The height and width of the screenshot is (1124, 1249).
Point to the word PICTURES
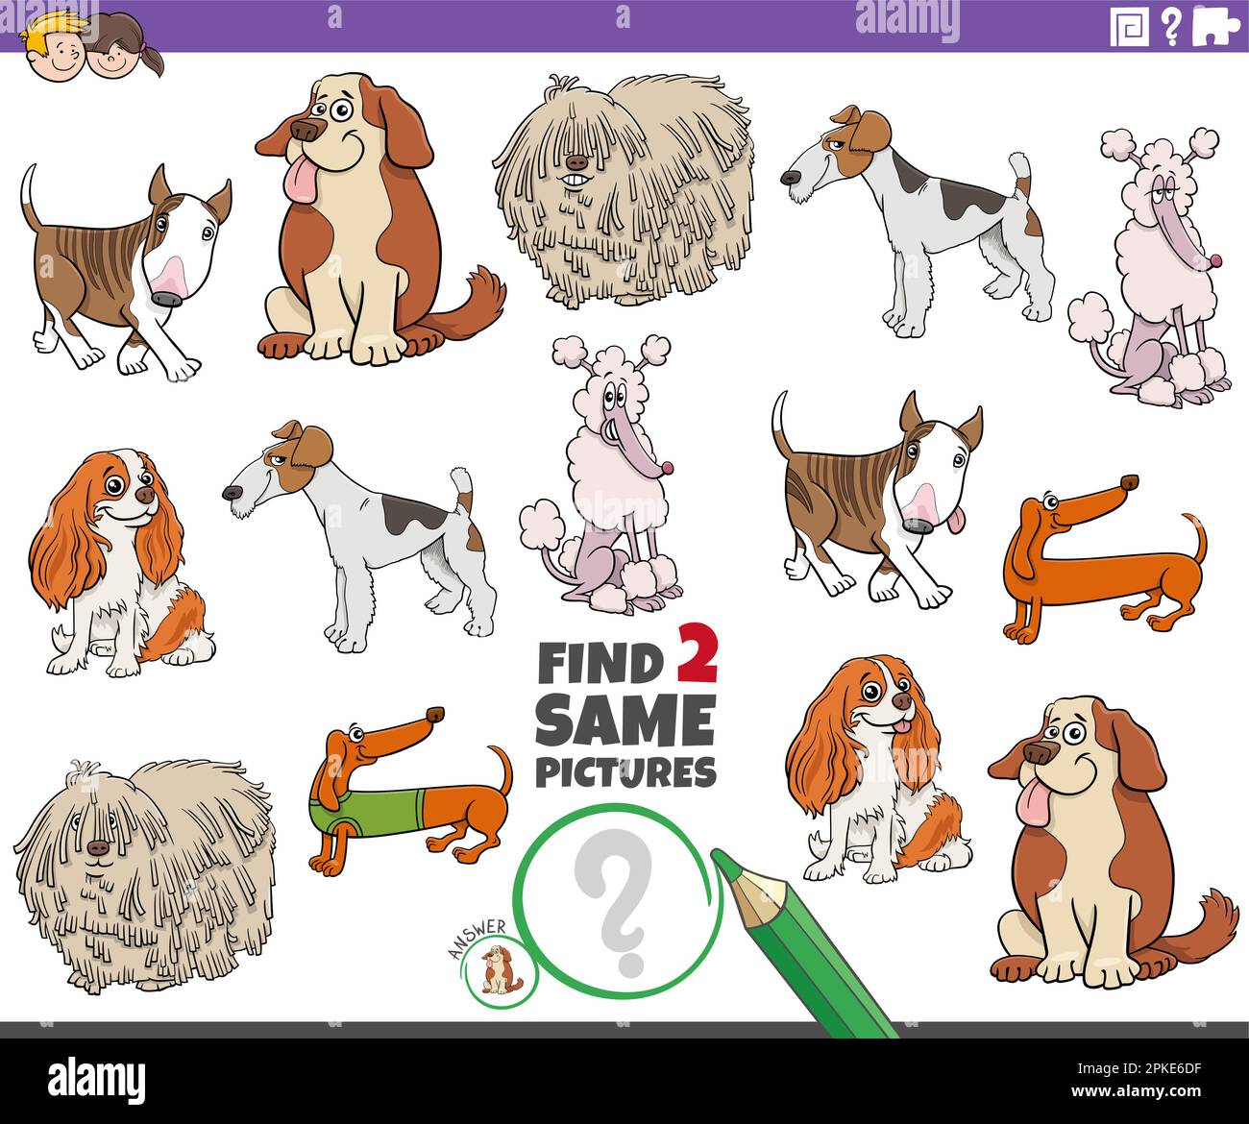625,771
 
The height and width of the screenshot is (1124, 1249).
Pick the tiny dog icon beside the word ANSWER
496,971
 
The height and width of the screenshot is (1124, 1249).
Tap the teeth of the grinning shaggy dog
575,181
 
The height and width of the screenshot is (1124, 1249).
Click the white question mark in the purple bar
1170,26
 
